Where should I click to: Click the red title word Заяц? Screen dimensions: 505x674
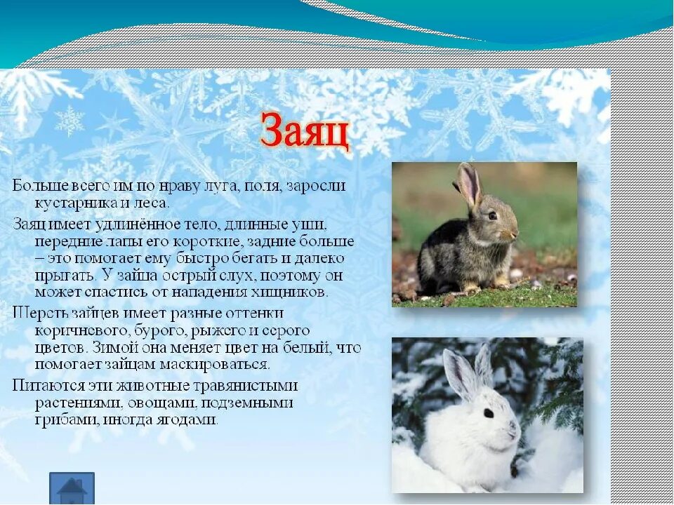click(x=305, y=131)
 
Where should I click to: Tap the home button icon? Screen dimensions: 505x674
click(x=72, y=488)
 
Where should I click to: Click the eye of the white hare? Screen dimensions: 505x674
click(x=488, y=413)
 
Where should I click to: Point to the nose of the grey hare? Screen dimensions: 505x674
click(x=516, y=232)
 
